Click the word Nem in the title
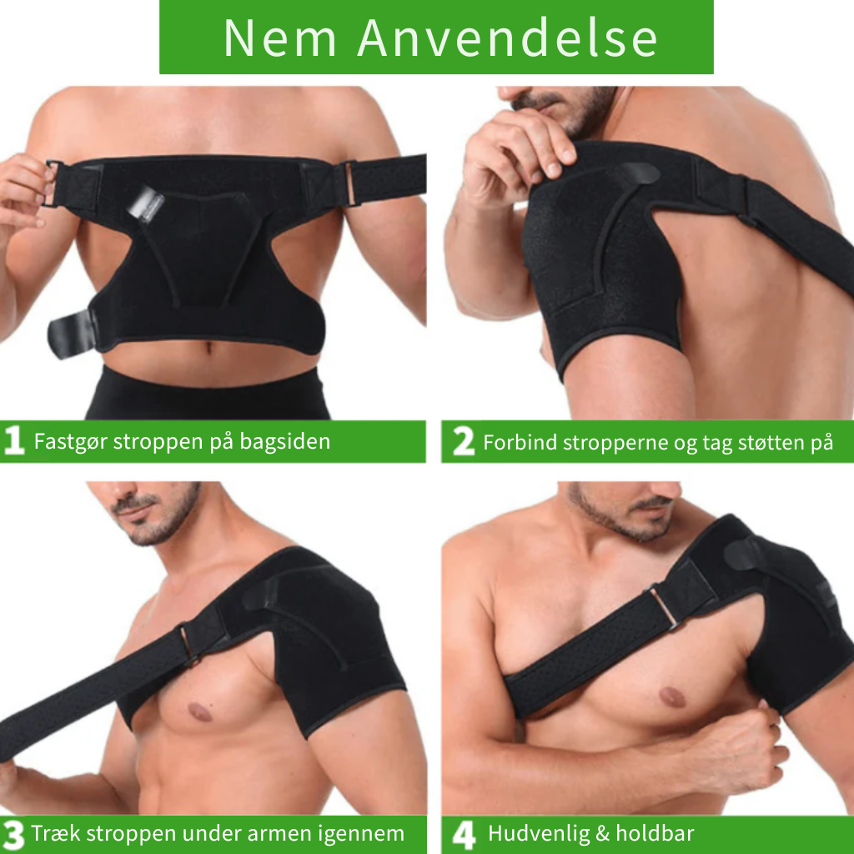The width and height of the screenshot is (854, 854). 280,38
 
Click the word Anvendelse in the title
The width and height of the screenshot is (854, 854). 508,38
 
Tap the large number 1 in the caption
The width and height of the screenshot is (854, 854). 14,440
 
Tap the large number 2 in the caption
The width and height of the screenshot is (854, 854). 464,441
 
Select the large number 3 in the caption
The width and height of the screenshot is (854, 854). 13,835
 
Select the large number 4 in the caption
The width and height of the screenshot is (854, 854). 464,835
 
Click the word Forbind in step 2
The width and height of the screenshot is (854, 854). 520,442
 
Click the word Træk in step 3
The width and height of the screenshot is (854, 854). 57,834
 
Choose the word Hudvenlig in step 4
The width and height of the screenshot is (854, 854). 539,834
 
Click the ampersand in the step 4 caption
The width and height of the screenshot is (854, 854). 602,834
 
